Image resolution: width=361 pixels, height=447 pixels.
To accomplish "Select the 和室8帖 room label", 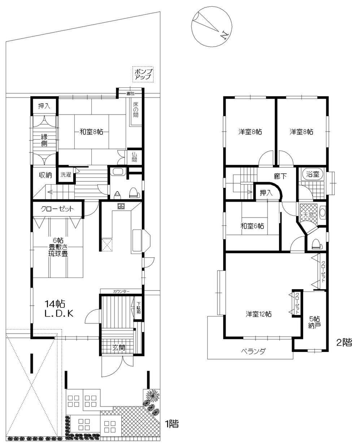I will (x=91, y=132).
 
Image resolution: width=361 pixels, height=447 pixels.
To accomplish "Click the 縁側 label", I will (x=44, y=139).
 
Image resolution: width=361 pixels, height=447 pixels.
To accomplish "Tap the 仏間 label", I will (x=134, y=156).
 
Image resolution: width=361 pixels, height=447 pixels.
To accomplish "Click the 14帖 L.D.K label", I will (x=59, y=308).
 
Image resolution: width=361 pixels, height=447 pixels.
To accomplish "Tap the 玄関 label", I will (x=118, y=348).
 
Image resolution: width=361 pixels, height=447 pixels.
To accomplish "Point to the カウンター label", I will (x=121, y=291).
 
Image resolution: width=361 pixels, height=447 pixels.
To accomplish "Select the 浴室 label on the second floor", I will (x=313, y=174).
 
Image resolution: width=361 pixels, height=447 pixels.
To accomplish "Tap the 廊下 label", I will (x=280, y=176).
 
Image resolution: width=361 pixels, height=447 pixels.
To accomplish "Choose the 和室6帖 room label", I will (x=252, y=226).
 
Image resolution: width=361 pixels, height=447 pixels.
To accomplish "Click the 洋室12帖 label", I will (x=259, y=314).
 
